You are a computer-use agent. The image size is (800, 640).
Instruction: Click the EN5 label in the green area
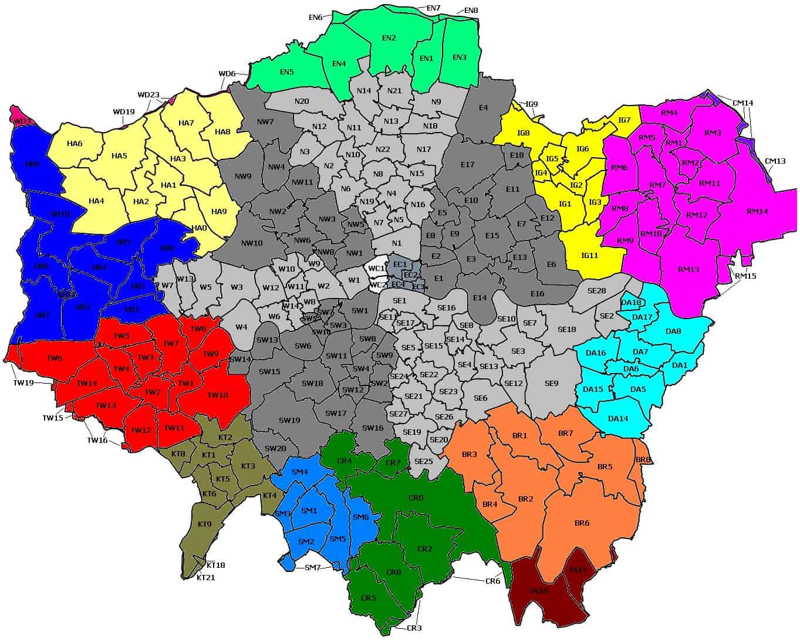coord(286,72)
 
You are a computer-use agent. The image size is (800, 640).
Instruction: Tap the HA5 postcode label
coord(119,155)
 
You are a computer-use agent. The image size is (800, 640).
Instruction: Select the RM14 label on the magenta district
coord(757,211)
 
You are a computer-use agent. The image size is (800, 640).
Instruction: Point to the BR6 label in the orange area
coord(582,523)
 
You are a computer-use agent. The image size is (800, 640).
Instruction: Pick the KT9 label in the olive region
coord(205,524)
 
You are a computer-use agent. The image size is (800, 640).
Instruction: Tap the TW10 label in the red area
coord(218,395)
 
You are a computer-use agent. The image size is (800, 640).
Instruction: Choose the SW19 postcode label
coord(289,420)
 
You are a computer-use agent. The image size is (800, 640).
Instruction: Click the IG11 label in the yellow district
coord(589,255)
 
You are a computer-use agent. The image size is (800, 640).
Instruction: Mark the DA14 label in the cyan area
coord(618,418)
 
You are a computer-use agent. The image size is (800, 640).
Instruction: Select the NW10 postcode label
coord(252,243)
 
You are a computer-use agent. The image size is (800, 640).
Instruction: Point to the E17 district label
coord(467,165)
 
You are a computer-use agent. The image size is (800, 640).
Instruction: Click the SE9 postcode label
coord(551,384)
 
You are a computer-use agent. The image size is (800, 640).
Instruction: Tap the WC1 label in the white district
coord(376,268)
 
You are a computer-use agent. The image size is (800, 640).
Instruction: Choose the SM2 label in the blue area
coord(306,541)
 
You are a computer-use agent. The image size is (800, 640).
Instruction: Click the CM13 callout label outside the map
coord(775,161)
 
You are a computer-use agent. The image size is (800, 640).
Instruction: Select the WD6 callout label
coord(227,74)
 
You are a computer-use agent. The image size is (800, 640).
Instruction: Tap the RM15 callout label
coord(745,276)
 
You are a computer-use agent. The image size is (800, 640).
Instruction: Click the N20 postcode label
coord(302,101)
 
